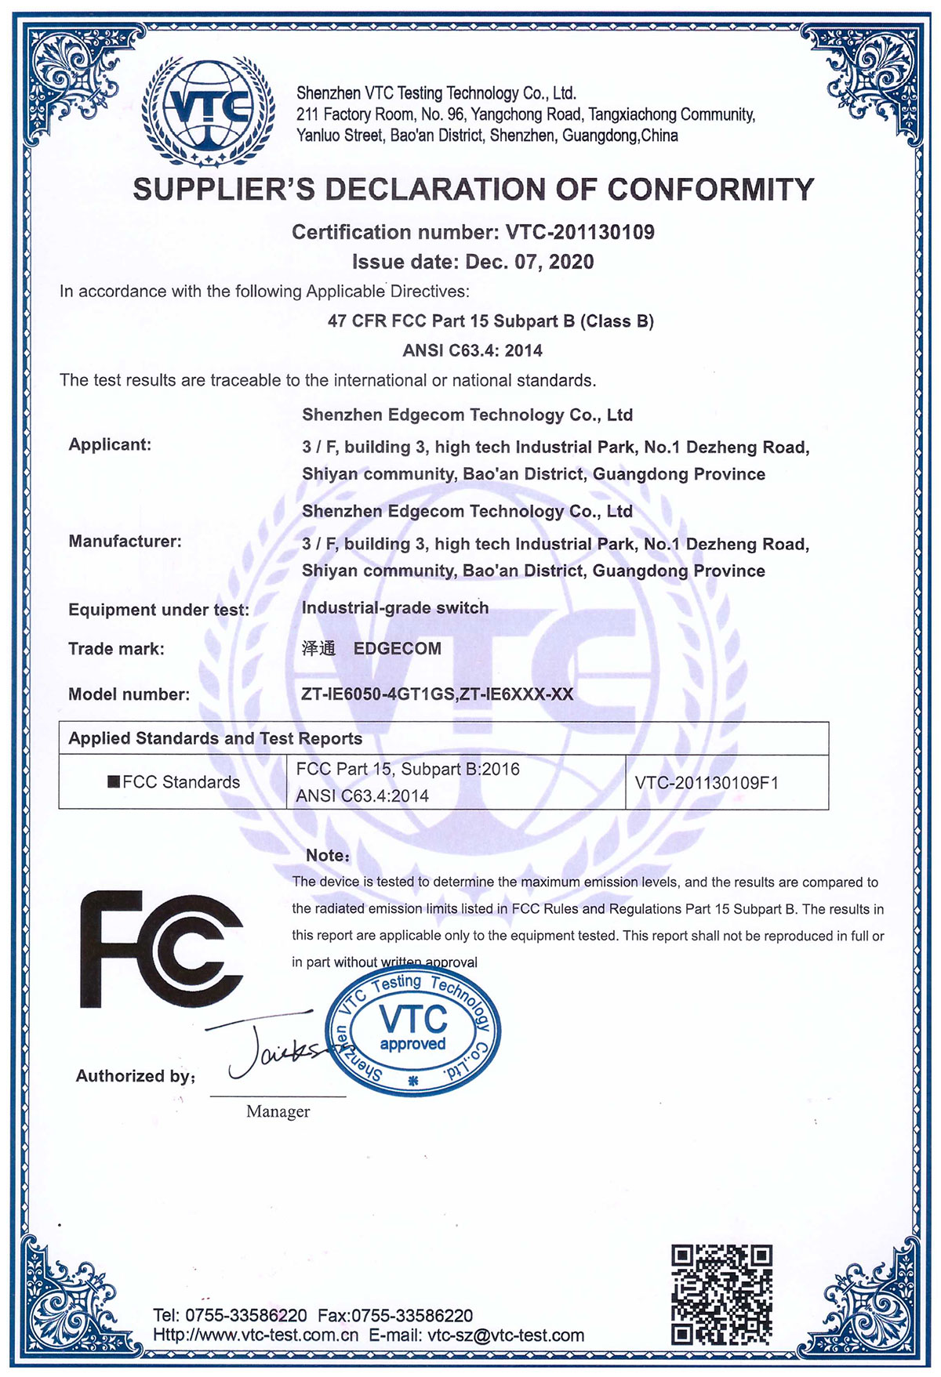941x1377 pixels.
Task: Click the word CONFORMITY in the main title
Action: (710, 190)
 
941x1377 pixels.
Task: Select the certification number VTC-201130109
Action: (579, 232)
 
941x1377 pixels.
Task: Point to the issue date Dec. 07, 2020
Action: (529, 262)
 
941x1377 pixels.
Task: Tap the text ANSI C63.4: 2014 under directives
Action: (472, 350)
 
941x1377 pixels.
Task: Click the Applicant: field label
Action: (110, 444)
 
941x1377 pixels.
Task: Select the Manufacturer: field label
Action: (125, 541)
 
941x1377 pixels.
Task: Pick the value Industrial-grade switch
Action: (395, 607)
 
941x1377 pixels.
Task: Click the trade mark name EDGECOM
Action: (398, 648)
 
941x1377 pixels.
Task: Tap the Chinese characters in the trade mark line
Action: (318, 648)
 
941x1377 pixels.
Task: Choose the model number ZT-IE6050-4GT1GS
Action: (377, 694)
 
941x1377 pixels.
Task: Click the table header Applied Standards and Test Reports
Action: (216, 738)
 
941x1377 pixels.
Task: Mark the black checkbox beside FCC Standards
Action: (114, 781)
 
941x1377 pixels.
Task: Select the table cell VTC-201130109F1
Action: (707, 782)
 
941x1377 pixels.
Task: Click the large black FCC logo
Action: (162, 949)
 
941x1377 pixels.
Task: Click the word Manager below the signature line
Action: (278, 1111)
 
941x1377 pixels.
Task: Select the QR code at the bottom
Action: (721, 1294)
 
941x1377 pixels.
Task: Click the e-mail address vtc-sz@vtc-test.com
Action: (506, 1335)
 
